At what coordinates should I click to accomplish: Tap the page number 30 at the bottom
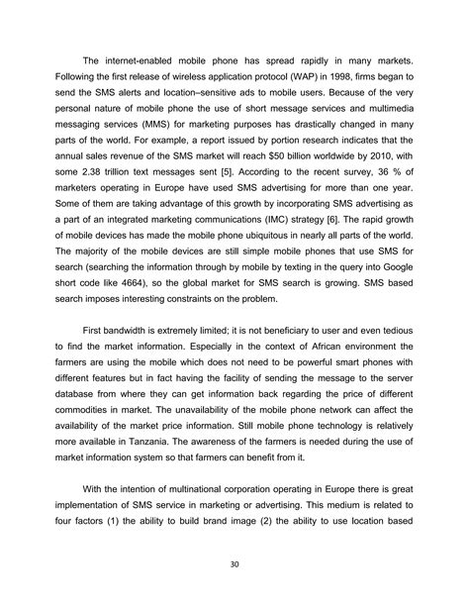[234, 567]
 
